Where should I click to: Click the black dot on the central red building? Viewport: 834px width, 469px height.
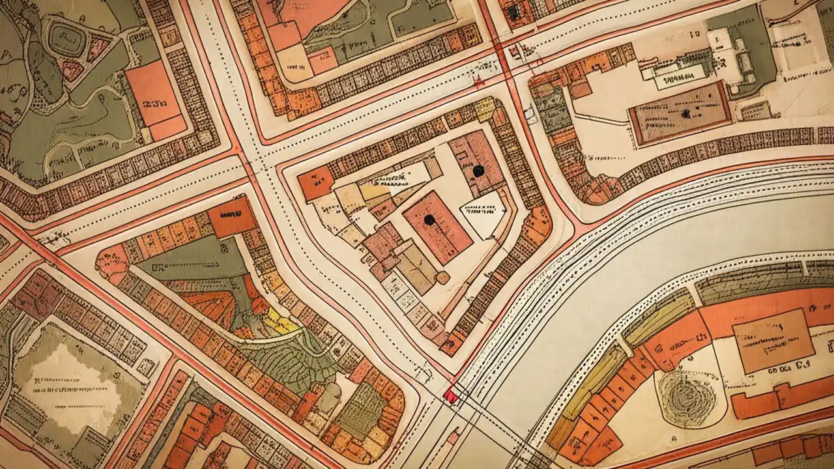click(429, 220)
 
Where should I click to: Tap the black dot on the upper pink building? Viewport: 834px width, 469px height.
click(479, 171)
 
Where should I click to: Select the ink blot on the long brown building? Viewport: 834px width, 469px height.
click(685, 113)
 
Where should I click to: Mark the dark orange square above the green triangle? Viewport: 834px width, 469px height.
click(233, 216)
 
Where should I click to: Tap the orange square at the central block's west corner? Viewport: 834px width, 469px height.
click(315, 182)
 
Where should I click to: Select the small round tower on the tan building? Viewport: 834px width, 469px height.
click(442, 278)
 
